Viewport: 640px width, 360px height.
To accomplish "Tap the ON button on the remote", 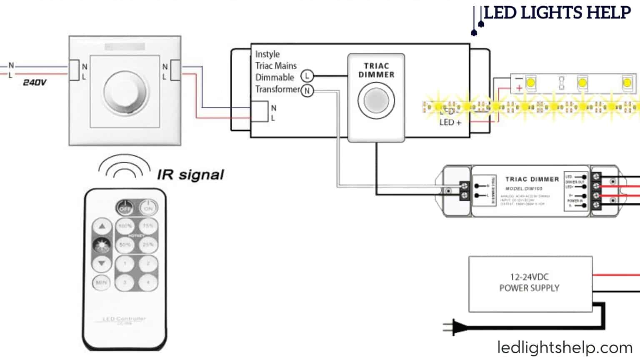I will (148, 207).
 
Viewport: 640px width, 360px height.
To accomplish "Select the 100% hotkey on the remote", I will (125, 226).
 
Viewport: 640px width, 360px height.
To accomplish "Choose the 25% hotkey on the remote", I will (148, 245).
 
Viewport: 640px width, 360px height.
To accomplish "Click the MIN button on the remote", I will (101, 282).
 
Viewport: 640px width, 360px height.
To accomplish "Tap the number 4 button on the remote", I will (148, 282).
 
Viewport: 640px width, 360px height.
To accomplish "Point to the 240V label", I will (35, 82).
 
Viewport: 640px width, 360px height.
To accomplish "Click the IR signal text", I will (190, 175).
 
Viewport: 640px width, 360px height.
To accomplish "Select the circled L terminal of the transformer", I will (307, 76).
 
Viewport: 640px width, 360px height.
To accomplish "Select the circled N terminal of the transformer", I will (307, 90).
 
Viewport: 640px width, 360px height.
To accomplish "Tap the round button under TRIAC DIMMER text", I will (376, 100).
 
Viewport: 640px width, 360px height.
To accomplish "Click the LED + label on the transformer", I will (450, 122).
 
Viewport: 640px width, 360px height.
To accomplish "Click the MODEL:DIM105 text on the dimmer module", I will (524, 188).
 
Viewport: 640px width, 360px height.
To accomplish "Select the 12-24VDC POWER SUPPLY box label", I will (529, 282).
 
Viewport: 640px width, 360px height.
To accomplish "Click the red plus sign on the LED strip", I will (519, 88).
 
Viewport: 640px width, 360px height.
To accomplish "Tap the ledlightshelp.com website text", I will (565, 347).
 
